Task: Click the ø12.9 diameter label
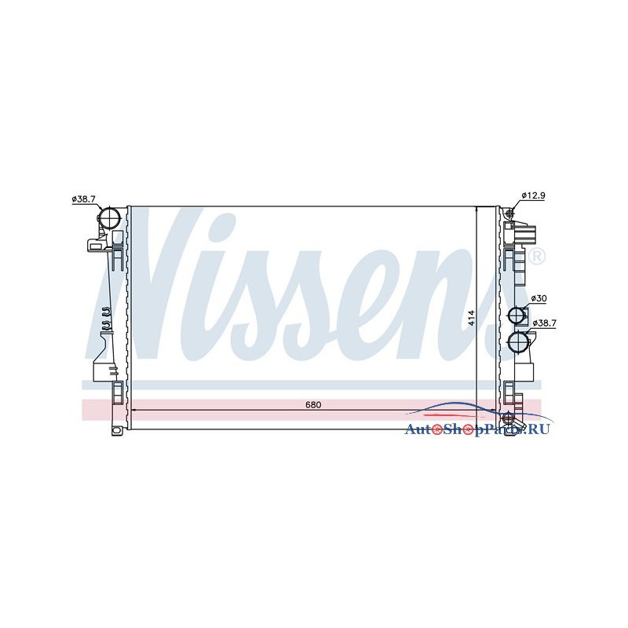[x=533, y=195]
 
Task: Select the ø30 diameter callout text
[x=539, y=298]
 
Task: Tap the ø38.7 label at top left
[x=84, y=199]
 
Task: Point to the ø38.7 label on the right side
[x=544, y=323]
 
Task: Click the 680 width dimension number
[x=313, y=404]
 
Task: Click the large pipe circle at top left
[x=110, y=218]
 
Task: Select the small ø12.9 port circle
[x=509, y=214]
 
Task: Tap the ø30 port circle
[x=517, y=316]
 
